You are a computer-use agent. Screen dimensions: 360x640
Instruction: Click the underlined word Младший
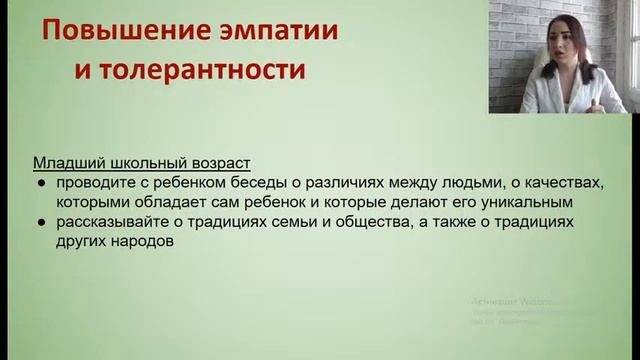click(x=66, y=162)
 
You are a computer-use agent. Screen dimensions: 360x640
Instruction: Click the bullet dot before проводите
click(x=40, y=182)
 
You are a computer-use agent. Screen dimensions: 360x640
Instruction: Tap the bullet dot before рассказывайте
click(x=40, y=222)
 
